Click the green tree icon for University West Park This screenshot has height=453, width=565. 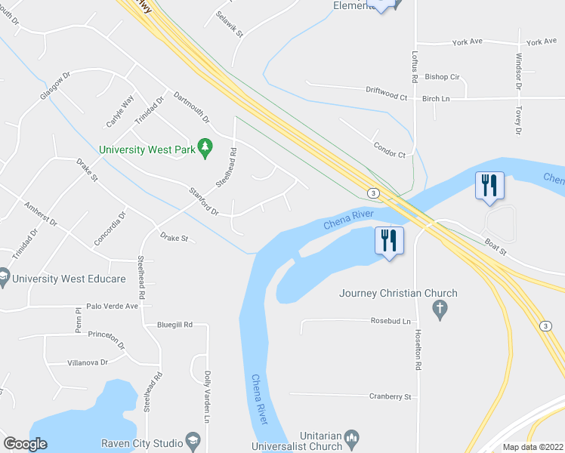pos(203,148)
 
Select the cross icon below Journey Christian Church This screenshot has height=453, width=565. pos(438,308)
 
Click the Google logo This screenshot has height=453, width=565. pos(25,444)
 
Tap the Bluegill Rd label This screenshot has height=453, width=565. pos(174,325)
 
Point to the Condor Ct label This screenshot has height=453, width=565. pos(390,149)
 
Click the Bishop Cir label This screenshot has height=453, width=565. pos(442,77)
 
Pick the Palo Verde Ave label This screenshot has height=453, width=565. pos(113,306)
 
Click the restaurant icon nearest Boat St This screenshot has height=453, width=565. pos(488,186)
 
